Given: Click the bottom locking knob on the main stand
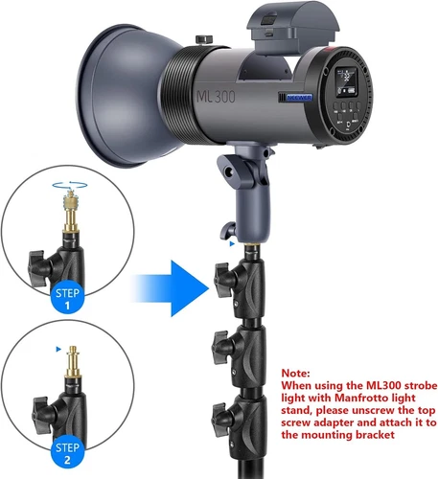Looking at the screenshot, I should click(x=219, y=416).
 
